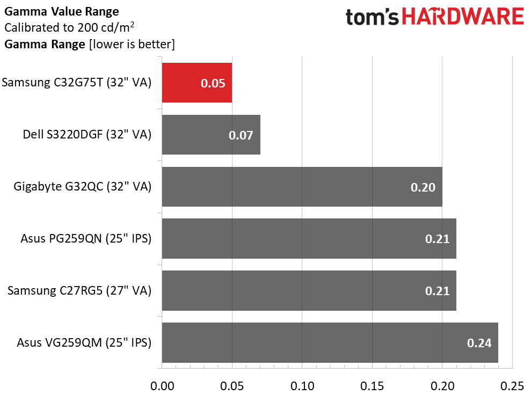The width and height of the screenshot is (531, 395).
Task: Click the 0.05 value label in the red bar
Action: coord(213,83)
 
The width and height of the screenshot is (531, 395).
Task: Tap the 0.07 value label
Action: coord(241,135)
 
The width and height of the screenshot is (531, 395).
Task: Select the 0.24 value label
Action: coord(479,343)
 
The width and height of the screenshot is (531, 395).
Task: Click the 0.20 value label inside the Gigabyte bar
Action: coord(423,187)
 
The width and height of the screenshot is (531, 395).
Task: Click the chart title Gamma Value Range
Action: coord(62,11)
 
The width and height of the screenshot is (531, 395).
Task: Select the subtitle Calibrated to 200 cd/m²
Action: coord(69,27)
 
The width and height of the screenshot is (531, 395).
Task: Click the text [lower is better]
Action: coord(132,44)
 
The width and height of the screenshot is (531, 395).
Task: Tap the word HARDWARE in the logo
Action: coord(463,17)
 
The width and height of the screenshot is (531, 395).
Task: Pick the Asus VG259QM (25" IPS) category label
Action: coord(84,342)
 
